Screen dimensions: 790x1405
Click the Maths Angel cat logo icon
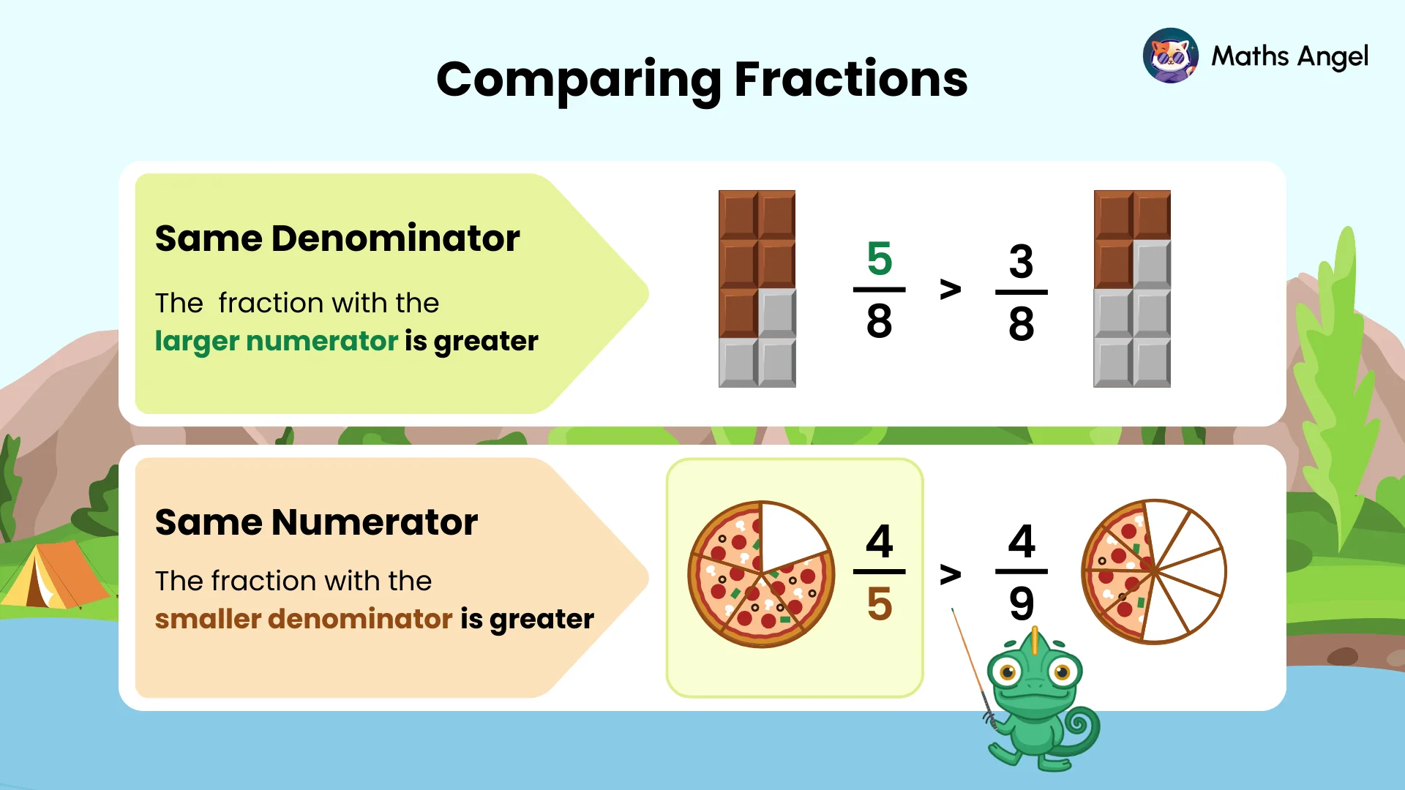(1170, 56)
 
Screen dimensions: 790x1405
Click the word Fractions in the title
(850, 79)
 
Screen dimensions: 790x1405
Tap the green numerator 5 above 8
(879, 258)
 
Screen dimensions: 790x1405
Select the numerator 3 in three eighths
(1021, 261)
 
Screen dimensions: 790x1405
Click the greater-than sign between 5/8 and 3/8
(950, 290)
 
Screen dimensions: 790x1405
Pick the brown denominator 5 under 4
(879, 604)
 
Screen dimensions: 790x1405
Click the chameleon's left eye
(1008, 671)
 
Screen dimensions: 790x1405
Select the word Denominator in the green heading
(395, 238)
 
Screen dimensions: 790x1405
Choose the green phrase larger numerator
(276, 342)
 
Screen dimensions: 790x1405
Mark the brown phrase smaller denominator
(304, 620)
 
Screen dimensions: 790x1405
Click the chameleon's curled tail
(1080, 728)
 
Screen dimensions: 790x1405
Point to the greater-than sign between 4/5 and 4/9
(950, 575)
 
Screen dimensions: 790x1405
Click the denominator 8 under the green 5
(879, 321)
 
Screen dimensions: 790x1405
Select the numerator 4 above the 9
(1022, 541)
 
